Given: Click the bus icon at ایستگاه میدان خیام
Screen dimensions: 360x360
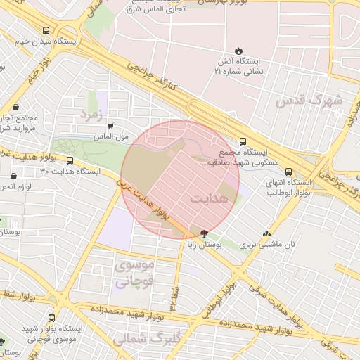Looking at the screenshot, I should [46, 31].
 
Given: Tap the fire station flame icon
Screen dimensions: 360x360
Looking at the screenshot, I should [238, 51].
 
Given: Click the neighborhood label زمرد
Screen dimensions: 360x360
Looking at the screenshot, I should [91, 112].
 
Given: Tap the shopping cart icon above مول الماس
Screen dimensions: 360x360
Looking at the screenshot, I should [110, 126].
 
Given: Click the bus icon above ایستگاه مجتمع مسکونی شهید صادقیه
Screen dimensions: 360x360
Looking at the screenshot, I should [243, 141].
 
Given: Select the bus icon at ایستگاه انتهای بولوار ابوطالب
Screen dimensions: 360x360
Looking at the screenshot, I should [288, 171].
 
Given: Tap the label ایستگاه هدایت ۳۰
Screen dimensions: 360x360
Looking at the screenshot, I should [70, 171].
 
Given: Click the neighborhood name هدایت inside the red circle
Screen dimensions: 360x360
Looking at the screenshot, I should [210, 199].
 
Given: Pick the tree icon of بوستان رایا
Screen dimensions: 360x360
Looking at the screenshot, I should [204, 233].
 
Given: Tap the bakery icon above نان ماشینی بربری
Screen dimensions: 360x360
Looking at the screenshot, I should [266, 234].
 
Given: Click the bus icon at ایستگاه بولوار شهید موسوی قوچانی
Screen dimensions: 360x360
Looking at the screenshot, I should [51, 317].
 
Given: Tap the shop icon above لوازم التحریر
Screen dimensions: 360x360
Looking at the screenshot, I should [13, 175].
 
